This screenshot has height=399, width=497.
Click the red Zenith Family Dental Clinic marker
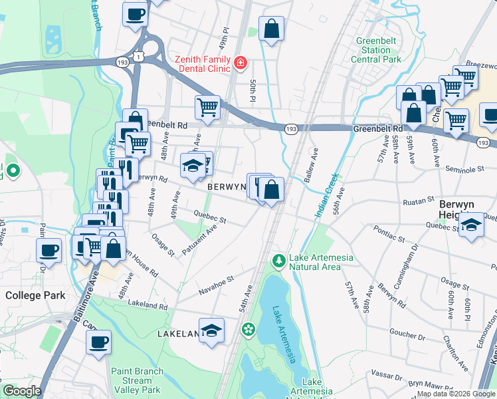click(240, 64)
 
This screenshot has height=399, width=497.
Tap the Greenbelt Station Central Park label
click(378, 50)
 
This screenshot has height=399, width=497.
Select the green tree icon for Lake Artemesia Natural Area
click(280, 258)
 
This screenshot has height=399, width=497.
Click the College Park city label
click(34, 295)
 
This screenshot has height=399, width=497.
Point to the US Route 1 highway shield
click(138, 57)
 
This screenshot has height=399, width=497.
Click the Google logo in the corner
click(22, 391)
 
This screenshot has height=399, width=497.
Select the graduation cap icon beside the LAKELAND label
click(211, 331)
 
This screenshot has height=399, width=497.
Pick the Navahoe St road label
click(217, 287)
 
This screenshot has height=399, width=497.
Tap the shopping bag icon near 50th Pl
click(271, 29)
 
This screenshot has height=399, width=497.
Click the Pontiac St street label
click(389, 237)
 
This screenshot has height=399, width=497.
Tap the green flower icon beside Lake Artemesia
click(248, 329)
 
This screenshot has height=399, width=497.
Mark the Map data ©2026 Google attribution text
click(456, 394)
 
